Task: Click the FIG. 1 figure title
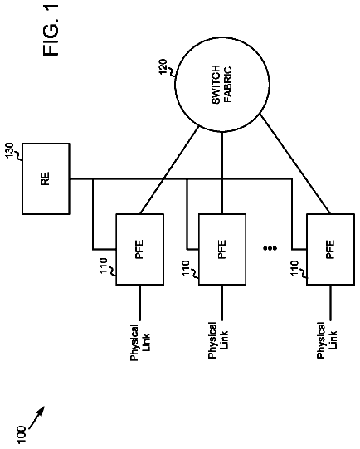(51, 30)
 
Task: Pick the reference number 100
(22, 435)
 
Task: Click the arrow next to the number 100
(36, 418)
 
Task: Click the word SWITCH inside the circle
(216, 85)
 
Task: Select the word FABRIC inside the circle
(227, 85)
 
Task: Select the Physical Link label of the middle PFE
(218, 340)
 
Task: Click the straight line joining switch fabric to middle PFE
(222, 173)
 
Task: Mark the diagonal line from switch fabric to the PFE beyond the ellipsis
(295, 164)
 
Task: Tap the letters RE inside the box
(46, 178)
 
